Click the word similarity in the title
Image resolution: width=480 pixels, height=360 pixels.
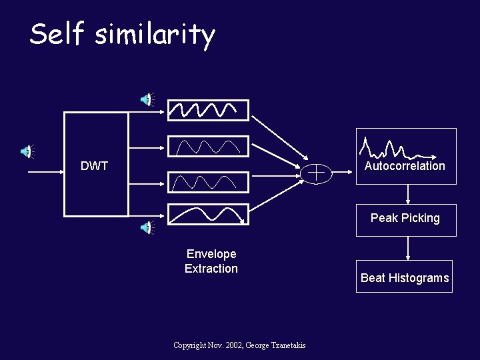155,35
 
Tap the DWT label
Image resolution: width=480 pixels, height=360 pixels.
94,166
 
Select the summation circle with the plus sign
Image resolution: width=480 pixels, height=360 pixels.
317,173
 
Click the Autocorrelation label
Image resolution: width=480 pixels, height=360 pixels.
405,166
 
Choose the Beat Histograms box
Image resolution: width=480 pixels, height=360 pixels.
404,277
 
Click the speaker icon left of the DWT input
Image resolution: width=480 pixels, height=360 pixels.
26,151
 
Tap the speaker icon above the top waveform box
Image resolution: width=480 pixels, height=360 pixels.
146,99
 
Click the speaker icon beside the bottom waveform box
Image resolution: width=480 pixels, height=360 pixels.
146,228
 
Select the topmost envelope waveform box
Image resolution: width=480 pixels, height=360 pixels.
207,109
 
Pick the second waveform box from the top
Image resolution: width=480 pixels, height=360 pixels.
207,146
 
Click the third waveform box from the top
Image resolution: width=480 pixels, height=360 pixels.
207,181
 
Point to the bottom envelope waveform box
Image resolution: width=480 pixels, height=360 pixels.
207,213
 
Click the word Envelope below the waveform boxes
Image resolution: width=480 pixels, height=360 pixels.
211,254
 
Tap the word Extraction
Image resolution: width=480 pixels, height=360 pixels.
211,269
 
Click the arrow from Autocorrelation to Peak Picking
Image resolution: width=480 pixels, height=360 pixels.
407,193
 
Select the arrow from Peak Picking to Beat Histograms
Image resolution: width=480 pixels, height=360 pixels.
407,248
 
